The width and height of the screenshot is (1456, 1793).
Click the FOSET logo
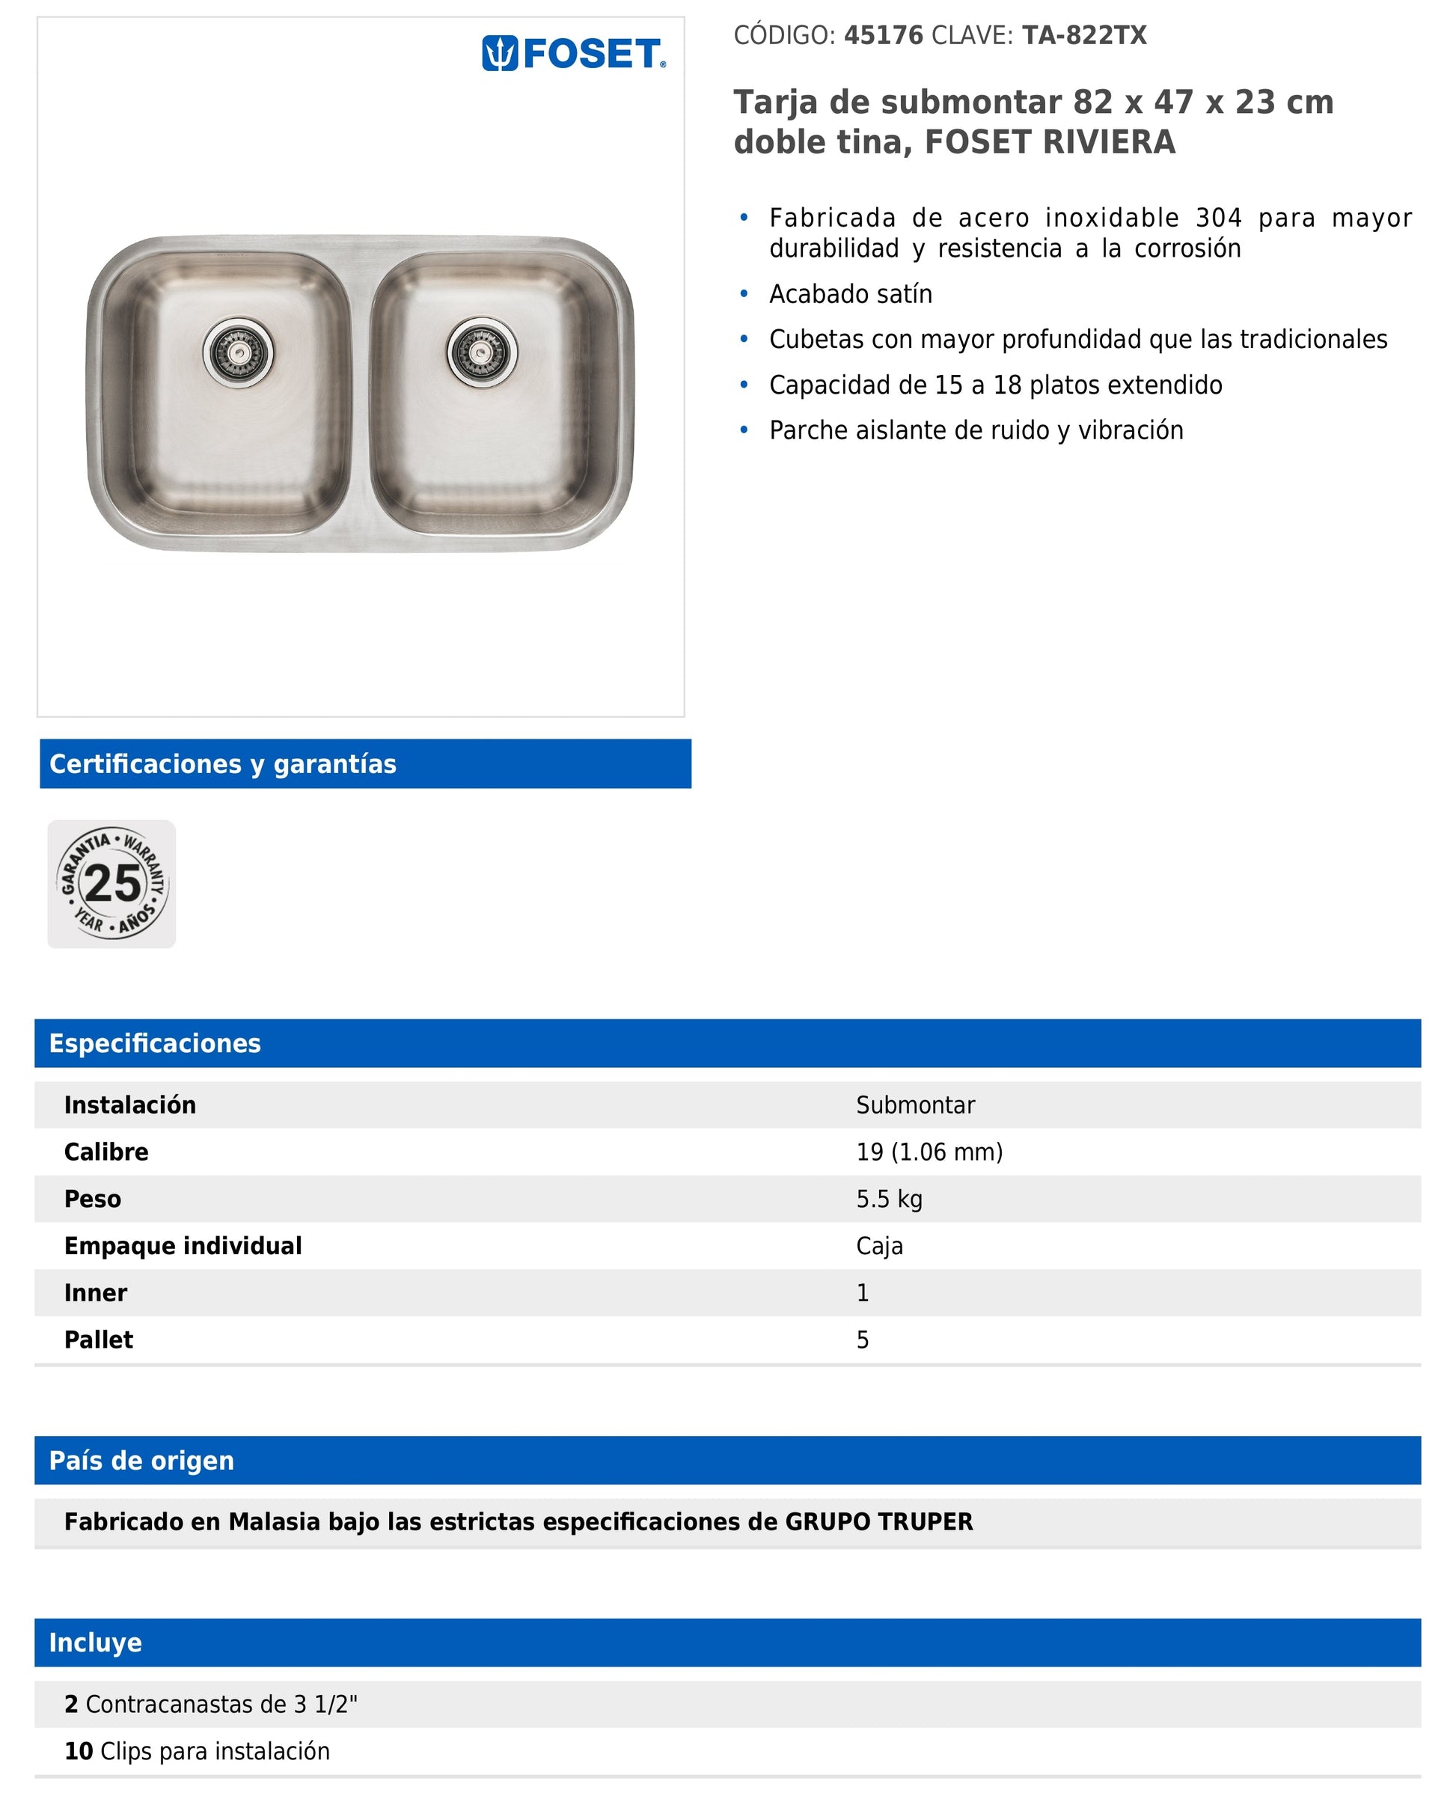pyautogui.click(x=574, y=54)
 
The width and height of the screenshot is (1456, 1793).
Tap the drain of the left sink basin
pyautogui.click(x=238, y=352)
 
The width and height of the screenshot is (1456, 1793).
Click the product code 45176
pyautogui.click(x=883, y=35)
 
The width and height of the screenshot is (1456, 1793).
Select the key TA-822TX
pyautogui.click(x=1083, y=35)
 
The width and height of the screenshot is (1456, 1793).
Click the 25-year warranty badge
pyautogui.click(x=111, y=884)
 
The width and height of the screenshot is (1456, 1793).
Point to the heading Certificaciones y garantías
pyautogui.click(x=223, y=764)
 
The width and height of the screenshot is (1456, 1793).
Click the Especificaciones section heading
pyautogui.click(x=155, y=1043)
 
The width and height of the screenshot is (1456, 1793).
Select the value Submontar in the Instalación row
pyautogui.click(x=915, y=1105)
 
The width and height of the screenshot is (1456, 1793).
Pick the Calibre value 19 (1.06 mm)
pyautogui.click(x=929, y=1152)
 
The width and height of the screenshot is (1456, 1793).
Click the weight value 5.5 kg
pyautogui.click(x=889, y=1200)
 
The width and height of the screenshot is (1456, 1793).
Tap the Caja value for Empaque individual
pyautogui.click(x=879, y=1246)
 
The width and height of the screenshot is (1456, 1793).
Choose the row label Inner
pyautogui.click(x=96, y=1293)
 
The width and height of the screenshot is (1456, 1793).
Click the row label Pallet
pyautogui.click(x=99, y=1340)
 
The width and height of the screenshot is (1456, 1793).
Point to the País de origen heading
pyautogui.click(x=141, y=1461)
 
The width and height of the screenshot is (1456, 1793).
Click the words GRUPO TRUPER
pyautogui.click(x=878, y=1522)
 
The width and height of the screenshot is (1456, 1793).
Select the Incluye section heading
pyautogui.click(x=96, y=1643)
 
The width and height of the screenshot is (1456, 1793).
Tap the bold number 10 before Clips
pyautogui.click(x=79, y=1751)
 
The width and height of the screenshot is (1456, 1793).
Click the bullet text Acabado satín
pyautogui.click(x=851, y=294)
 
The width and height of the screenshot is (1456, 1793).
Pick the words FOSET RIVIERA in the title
pyautogui.click(x=1049, y=143)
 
